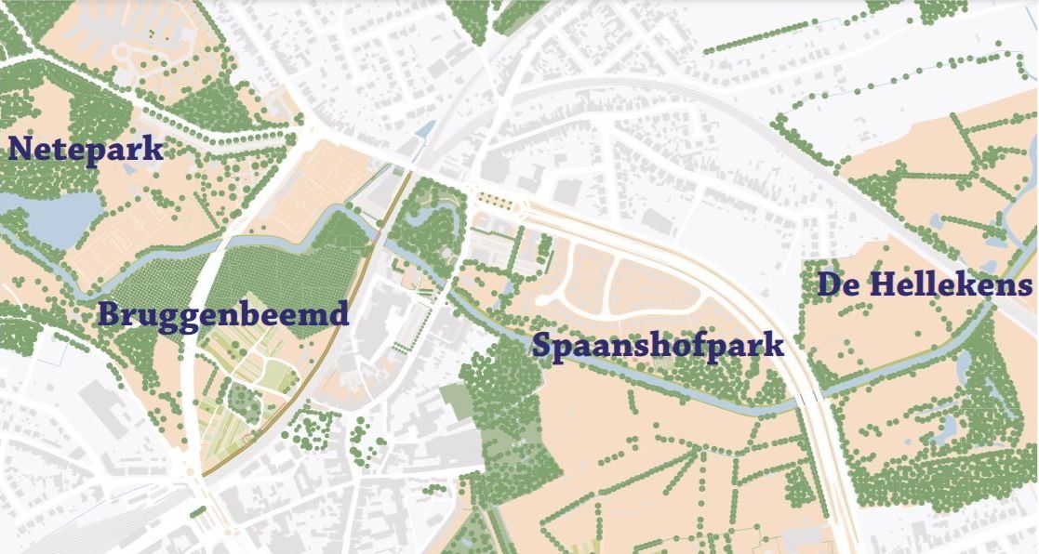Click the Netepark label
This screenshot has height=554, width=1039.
[86, 149]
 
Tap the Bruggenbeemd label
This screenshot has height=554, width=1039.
[223, 314]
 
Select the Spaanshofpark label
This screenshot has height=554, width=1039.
[658, 346]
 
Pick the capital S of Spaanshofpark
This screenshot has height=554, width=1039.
[541, 346]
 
